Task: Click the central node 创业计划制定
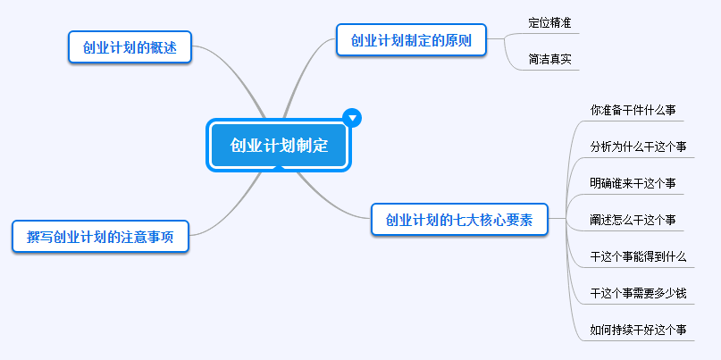[x=279, y=145]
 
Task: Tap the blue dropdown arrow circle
[x=352, y=117]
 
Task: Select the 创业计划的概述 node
[x=130, y=47]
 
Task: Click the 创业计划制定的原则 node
[x=411, y=40]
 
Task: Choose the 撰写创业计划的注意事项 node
[x=100, y=237]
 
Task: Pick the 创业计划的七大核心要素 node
[x=458, y=220]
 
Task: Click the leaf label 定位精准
[x=549, y=23]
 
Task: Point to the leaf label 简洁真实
[x=549, y=60]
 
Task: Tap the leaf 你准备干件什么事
[x=633, y=110]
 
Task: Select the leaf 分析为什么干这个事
[x=638, y=147]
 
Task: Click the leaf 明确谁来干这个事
[x=633, y=183]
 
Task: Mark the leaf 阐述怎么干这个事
[x=633, y=220]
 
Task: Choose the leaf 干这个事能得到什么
[x=638, y=256]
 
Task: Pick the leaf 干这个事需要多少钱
[x=638, y=293]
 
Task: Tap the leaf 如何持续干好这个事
[x=638, y=330]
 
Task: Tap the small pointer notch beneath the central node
[x=279, y=167]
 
